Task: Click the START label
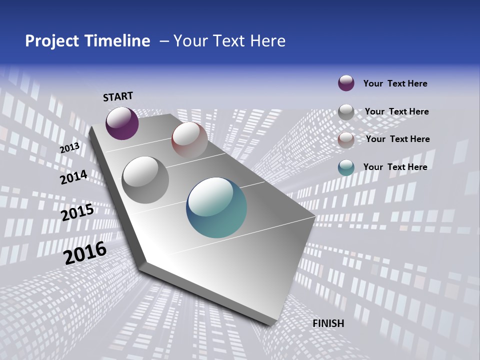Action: (118, 96)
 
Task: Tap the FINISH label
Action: (328, 323)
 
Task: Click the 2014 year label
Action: (74, 177)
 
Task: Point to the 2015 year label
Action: (77, 212)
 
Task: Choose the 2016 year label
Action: (85, 253)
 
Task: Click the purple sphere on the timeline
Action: (122, 123)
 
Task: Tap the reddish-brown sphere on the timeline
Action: (189, 140)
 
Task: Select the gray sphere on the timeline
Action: (145, 179)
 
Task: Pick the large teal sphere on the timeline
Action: (216, 207)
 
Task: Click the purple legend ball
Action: (346, 83)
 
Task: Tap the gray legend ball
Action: (346, 112)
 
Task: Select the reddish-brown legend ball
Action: (346, 140)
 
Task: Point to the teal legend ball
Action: (346, 167)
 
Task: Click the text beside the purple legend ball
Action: (395, 83)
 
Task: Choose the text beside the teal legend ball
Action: (395, 167)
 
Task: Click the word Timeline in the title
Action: (117, 41)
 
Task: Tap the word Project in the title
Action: (52, 41)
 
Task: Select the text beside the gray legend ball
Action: (397, 111)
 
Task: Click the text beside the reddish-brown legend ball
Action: (398, 139)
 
